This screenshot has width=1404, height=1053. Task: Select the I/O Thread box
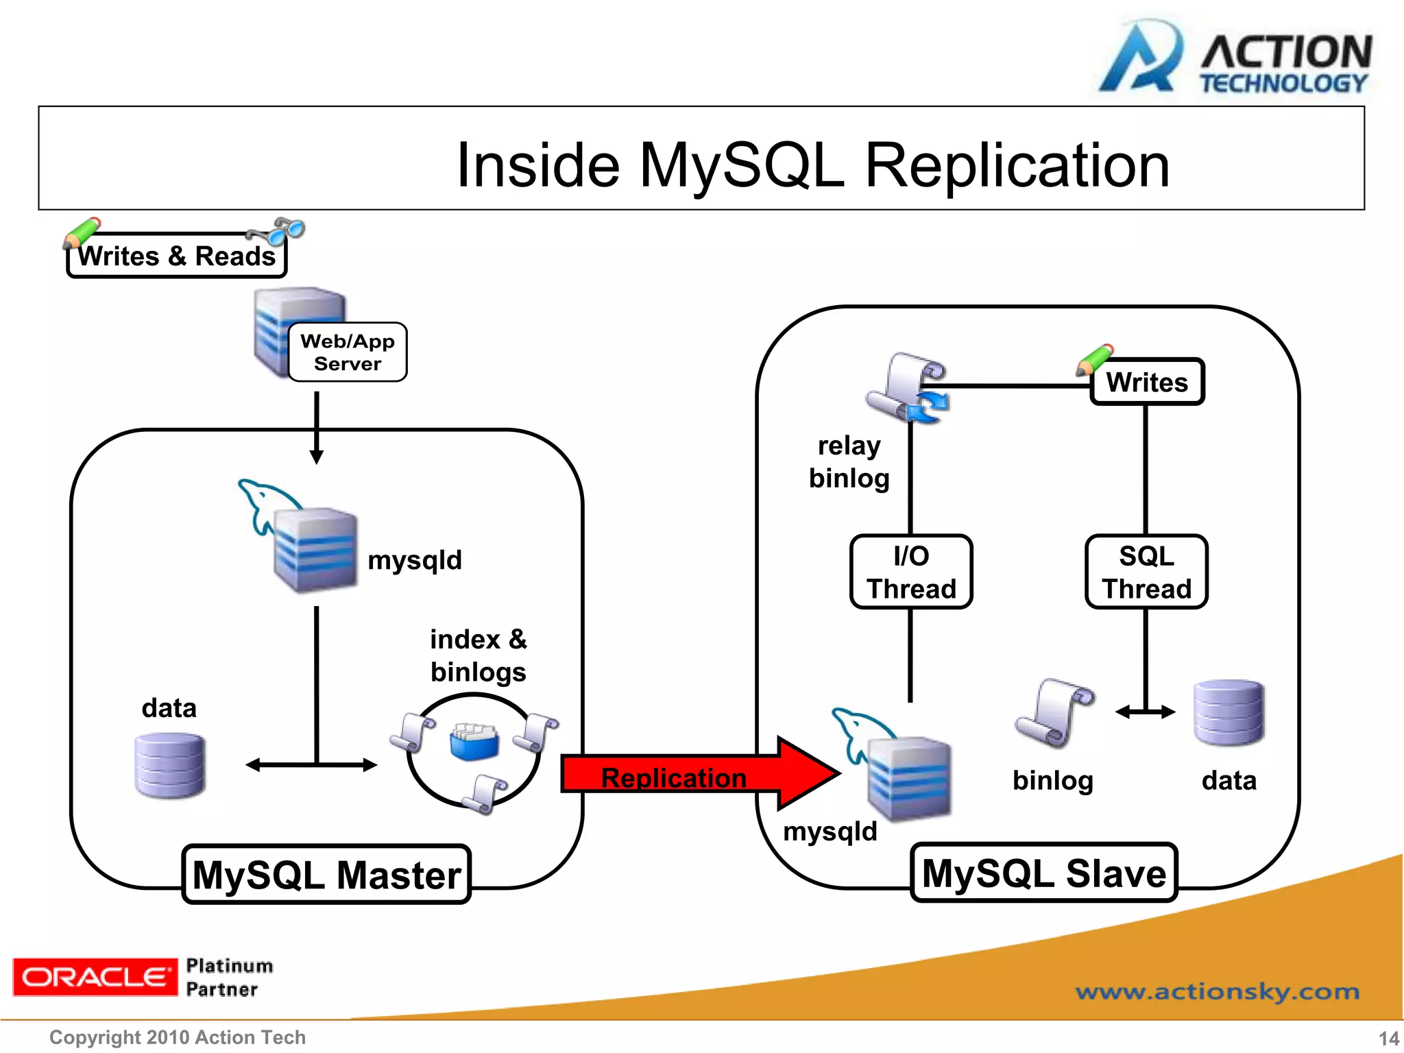pos(911,572)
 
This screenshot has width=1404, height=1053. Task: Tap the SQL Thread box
pos(1146,572)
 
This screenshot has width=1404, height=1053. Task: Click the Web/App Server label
pos(348,352)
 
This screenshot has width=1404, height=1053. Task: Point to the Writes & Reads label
pos(177,256)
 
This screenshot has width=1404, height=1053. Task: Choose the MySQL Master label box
pos(327,875)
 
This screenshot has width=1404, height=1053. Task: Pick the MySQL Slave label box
pos(1044,873)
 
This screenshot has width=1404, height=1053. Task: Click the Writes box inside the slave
pos(1147,382)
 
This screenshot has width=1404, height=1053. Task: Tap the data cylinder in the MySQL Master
pos(170,765)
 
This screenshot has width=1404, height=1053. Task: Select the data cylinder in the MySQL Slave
pos(1228,712)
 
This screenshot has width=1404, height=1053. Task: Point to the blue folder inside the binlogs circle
pos(474,742)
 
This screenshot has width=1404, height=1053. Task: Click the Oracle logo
pos(95,977)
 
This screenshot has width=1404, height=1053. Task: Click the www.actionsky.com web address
pos(1217,991)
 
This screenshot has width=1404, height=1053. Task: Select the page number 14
pos(1388,1038)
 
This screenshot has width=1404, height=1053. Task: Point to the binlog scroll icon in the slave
pos(1054,713)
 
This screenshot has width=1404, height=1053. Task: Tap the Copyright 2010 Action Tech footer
pos(178,1037)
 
